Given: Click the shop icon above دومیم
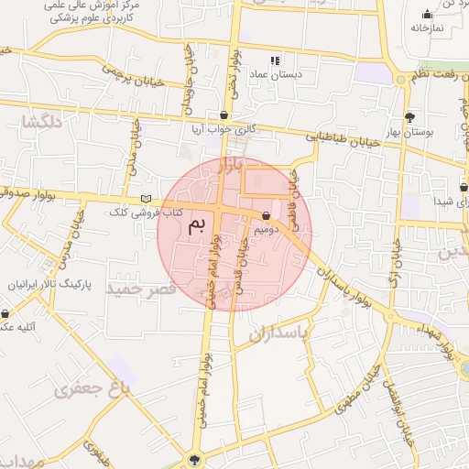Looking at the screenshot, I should point(266,216).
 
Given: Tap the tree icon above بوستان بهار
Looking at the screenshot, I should point(409,117).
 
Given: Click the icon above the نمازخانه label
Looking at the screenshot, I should point(426,14).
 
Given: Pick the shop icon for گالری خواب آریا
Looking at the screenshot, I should point(224,115).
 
